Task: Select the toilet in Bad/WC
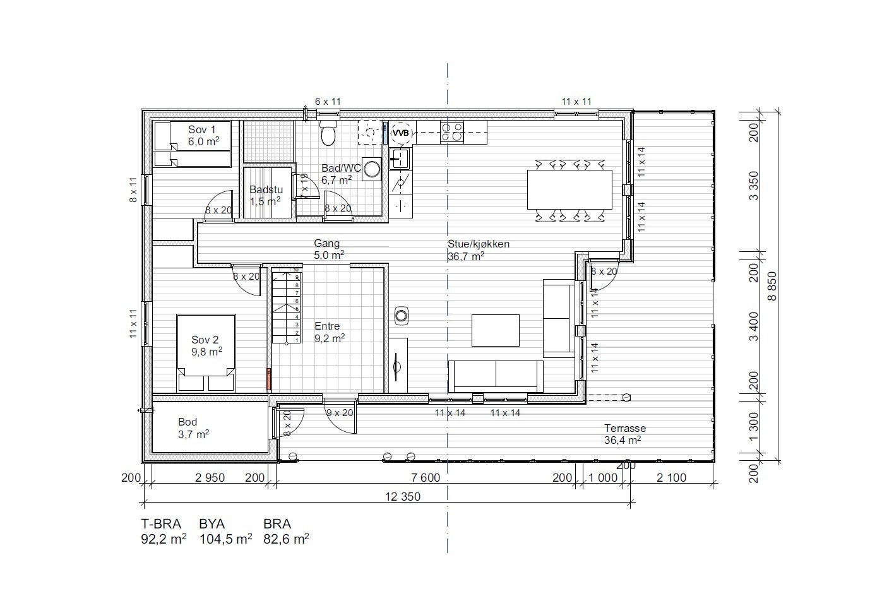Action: [x=328, y=133]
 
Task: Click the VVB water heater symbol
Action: [x=401, y=133]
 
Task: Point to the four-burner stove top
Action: [x=452, y=132]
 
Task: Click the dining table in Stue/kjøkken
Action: [x=569, y=189]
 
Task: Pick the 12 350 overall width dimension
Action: [x=402, y=497]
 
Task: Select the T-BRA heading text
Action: [x=161, y=524]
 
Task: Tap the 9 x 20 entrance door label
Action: [x=340, y=413]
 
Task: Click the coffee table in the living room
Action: [x=496, y=330]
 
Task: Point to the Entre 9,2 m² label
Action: [x=329, y=332]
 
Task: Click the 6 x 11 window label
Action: [x=328, y=101]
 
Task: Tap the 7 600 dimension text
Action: [x=425, y=478]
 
